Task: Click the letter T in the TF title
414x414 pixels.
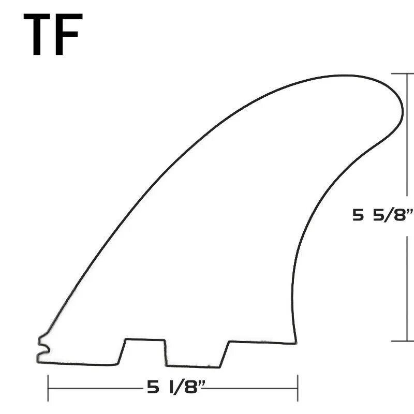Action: pos(37,34)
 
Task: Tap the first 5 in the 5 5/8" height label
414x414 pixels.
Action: pos(358,215)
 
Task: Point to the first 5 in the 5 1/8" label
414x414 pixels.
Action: pos(153,388)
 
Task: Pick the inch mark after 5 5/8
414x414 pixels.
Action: pos(410,211)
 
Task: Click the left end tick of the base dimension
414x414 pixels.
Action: pos(48,388)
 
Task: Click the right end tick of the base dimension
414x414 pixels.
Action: pos(298,388)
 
